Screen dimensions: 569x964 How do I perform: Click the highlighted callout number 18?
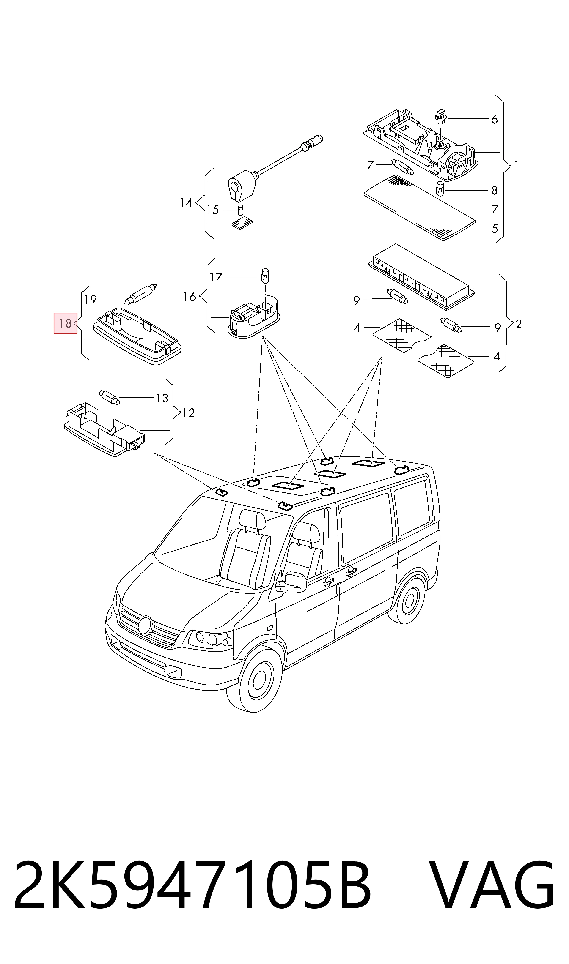tap(65, 323)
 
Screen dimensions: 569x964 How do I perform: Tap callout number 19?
tap(91, 299)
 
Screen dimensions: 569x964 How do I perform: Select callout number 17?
tap(216, 277)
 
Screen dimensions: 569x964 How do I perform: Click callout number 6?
tap(495, 120)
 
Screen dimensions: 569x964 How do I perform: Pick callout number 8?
tap(495, 190)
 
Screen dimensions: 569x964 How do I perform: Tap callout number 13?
tap(162, 399)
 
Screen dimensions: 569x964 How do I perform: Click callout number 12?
tap(189, 413)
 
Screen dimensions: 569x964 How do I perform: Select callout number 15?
tap(213, 210)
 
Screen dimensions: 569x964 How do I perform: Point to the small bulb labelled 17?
tap(264, 275)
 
